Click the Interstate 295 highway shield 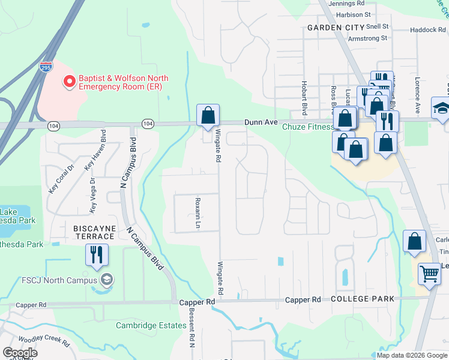[x=46, y=66]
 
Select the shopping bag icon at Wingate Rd [x=208, y=115]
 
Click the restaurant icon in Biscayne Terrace [x=96, y=254]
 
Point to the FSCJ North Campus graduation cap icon [x=106, y=279]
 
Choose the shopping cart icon [x=429, y=274]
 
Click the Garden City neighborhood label [x=336, y=28]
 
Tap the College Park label [x=363, y=299]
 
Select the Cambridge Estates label [x=151, y=325]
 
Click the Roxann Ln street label [x=197, y=214]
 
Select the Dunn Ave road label [x=261, y=122]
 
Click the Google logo [x=20, y=352]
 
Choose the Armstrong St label [x=368, y=38]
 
